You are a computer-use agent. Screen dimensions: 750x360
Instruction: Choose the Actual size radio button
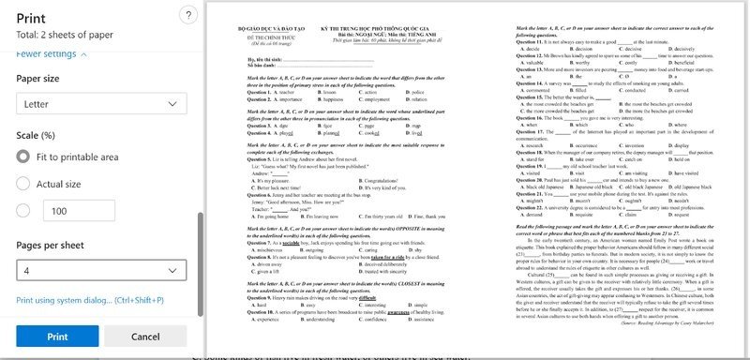click(24, 184)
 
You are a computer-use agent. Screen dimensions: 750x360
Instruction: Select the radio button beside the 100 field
click(24, 211)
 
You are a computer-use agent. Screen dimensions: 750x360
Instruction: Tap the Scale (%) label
click(42, 134)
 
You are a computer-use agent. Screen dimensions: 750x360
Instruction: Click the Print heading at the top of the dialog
click(32, 17)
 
